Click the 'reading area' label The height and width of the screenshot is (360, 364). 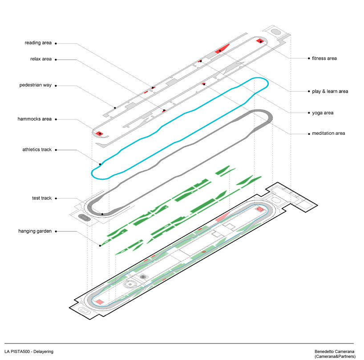click(x=38, y=43)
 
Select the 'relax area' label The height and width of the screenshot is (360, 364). click(x=41, y=59)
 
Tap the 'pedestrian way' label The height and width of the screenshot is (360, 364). click(x=36, y=85)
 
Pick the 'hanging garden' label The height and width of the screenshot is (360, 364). click(x=35, y=231)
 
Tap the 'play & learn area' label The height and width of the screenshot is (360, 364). click(x=330, y=91)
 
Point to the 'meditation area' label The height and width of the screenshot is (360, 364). click(x=328, y=133)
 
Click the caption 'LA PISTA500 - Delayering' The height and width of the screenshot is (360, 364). click(x=29, y=352)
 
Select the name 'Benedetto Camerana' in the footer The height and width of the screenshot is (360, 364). click(x=334, y=352)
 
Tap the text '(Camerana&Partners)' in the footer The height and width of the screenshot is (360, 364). click(x=334, y=356)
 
